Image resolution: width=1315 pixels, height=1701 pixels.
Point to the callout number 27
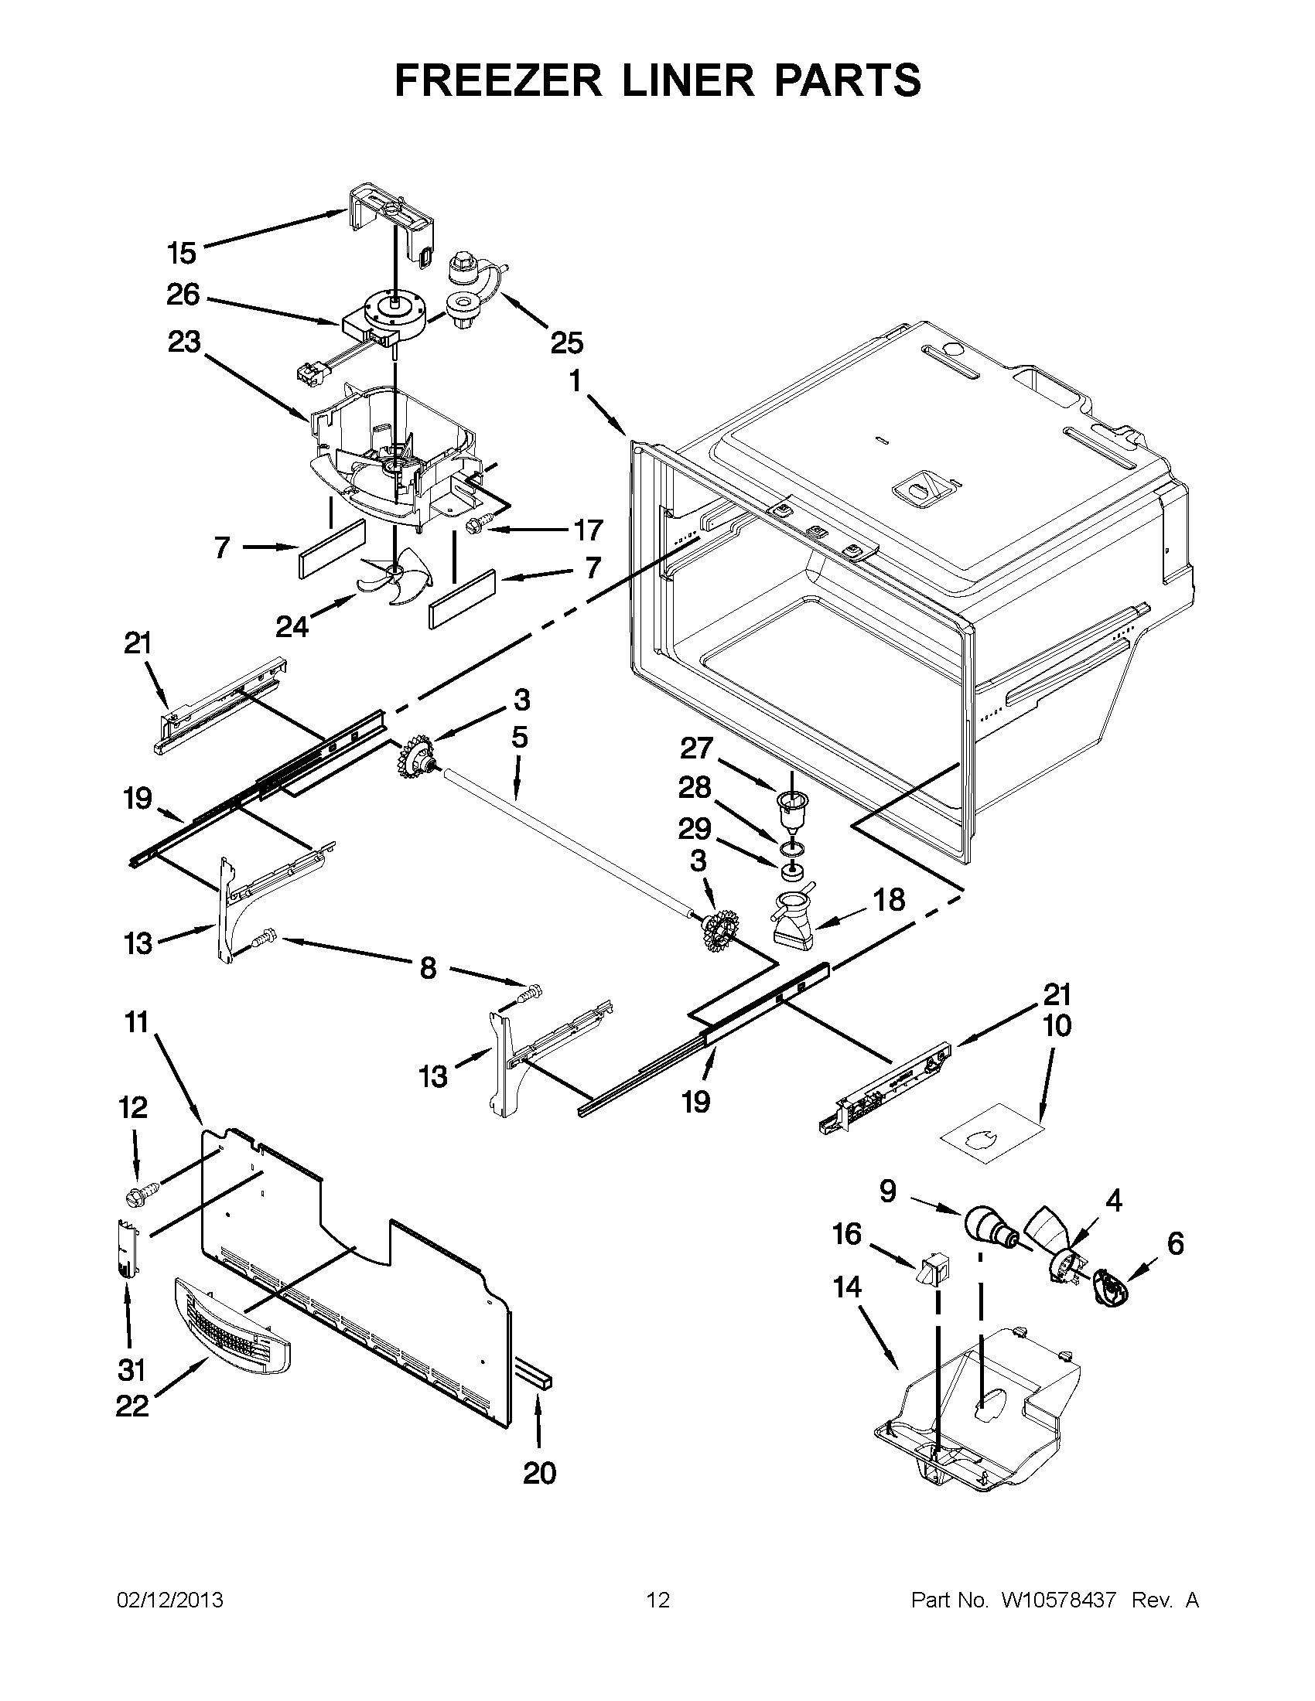[x=695, y=748]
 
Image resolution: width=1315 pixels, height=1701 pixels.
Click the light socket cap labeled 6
[x=1110, y=1296]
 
